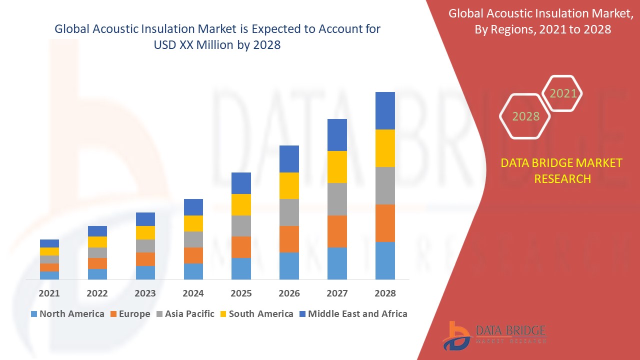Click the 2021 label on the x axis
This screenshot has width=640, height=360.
(x=49, y=293)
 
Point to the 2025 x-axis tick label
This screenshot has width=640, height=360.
(x=241, y=293)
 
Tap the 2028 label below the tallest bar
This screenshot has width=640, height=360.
(x=385, y=293)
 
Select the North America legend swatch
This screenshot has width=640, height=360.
(x=34, y=314)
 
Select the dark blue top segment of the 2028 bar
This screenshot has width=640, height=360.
(x=385, y=110)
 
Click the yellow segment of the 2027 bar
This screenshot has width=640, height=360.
(x=337, y=166)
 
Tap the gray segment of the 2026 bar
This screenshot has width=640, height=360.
(x=289, y=212)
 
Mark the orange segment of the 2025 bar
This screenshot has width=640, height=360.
(x=241, y=247)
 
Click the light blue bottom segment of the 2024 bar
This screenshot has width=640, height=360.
(x=193, y=271)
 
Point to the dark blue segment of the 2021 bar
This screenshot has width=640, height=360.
(x=49, y=243)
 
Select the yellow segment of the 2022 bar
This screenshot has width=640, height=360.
(x=97, y=242)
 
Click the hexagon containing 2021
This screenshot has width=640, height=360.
(x=562, y=93)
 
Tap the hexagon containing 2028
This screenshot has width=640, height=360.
(x=525, y=116)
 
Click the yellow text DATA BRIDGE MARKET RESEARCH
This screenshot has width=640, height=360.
(x=562, y=170)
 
